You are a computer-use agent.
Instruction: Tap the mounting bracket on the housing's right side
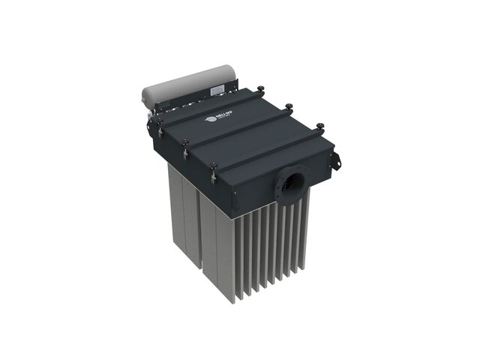(334, 160)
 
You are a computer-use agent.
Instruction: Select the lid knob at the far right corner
(320, 125)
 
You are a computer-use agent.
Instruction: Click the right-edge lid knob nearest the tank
(260, 90)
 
